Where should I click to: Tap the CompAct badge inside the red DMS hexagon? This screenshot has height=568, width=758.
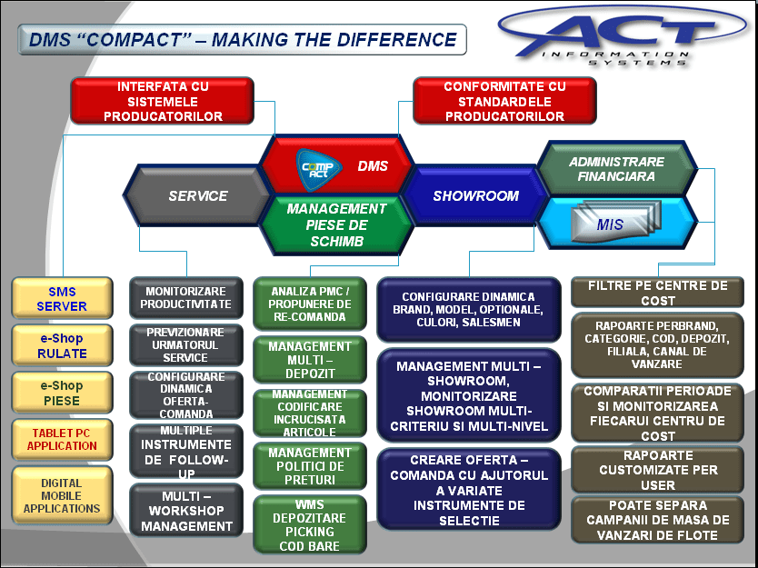coord(319,169)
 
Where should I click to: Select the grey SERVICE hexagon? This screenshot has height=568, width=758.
coord(197,195)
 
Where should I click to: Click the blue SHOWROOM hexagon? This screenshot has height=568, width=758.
coord(476,195)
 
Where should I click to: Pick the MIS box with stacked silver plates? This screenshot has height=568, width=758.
coord(617,223)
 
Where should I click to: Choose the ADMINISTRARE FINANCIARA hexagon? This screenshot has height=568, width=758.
coord(617,169)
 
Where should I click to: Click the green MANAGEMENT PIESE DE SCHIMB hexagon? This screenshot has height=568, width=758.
coord(336,224)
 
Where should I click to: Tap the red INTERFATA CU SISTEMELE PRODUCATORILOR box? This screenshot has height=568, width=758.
coord(163,101)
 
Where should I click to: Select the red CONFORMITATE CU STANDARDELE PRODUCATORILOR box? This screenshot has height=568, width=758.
coord(504,101)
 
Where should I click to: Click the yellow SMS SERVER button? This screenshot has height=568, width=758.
coord(62,298)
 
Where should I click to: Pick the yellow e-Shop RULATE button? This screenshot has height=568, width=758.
coord(62,345)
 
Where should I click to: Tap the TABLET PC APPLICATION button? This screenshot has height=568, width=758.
coord(62,440)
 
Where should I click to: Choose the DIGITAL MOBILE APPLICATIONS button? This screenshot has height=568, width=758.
coord(62,495)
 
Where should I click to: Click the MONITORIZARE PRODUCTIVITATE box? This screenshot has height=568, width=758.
coord(186,298)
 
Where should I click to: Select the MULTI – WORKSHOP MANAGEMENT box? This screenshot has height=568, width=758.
coord(186,511)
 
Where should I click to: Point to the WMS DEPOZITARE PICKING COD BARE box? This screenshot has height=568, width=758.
coord(310,524)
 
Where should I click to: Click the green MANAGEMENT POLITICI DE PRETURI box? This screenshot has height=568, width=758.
coord(310,466)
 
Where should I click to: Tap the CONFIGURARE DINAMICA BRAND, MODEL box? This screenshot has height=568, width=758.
coord(468,310)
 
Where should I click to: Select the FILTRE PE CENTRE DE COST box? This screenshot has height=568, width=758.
coord(657,293)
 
